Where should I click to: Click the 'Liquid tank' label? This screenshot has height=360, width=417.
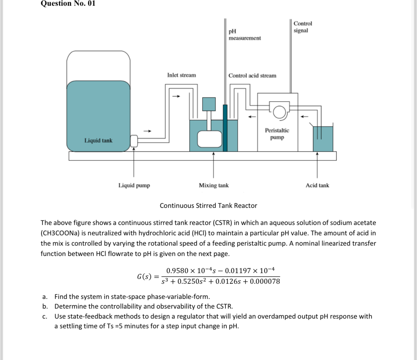[98, 140]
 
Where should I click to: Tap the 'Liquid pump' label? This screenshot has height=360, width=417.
[134, 185]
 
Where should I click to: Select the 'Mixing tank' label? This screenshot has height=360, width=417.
[214, 185]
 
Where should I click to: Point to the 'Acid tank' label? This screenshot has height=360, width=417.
[317, 185]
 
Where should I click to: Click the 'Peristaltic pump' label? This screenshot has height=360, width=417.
[277, 134]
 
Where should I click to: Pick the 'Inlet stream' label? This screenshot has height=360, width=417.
[181, 75]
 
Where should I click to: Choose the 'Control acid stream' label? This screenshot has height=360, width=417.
[252, 76]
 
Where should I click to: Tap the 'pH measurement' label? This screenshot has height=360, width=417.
[244, 35]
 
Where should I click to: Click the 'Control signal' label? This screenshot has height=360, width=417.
[303, 27]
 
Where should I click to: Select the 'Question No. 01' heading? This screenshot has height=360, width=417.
[68, 4]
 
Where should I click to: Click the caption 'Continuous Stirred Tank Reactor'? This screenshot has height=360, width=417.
[208, 206]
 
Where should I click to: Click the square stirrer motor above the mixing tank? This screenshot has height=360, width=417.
[209, 104]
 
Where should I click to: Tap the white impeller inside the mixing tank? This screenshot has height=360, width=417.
[209, 139]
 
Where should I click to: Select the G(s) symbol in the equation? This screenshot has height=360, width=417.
[144, 277]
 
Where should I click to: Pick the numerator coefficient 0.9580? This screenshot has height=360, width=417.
[177, 271]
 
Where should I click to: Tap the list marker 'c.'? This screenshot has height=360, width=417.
[45, 316]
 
